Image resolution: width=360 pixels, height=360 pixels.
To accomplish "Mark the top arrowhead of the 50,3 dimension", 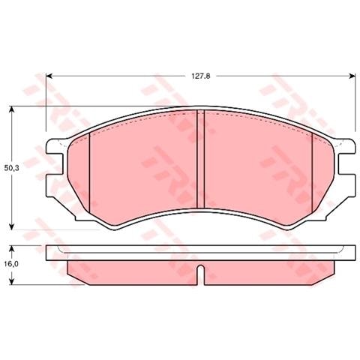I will [12, 110].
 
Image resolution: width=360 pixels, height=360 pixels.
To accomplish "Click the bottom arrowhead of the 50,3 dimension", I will [12, 226].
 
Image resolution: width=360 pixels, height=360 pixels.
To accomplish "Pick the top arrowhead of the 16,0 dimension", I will [12, 248].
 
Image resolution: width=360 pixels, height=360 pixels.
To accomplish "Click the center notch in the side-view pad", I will [199, 274].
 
